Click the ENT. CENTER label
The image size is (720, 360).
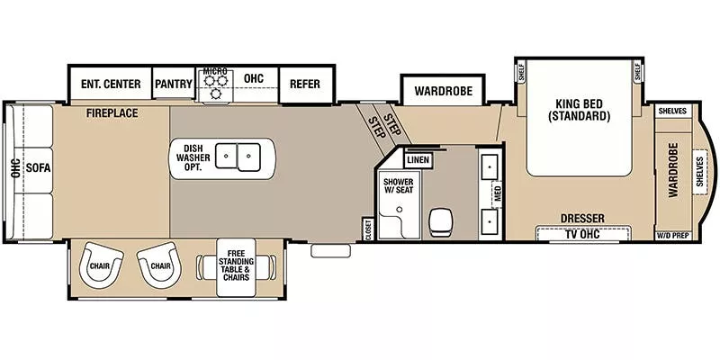pos(110,85)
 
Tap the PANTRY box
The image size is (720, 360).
pos(174,85)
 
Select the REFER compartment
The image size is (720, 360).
pos(305,85)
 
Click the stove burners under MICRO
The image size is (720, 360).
pos(215,86)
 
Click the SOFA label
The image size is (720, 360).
pos(38,167)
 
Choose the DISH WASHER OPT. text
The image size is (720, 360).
pos(192,158)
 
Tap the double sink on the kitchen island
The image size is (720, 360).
pos(238,157)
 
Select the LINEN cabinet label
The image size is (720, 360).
pos(418,160)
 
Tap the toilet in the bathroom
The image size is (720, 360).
pos(441,220)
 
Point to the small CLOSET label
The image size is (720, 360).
pos(367,229)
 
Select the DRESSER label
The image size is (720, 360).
pos(581,218)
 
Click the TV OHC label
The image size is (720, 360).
pos(581,234)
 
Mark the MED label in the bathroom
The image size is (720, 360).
pos(497,193)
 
